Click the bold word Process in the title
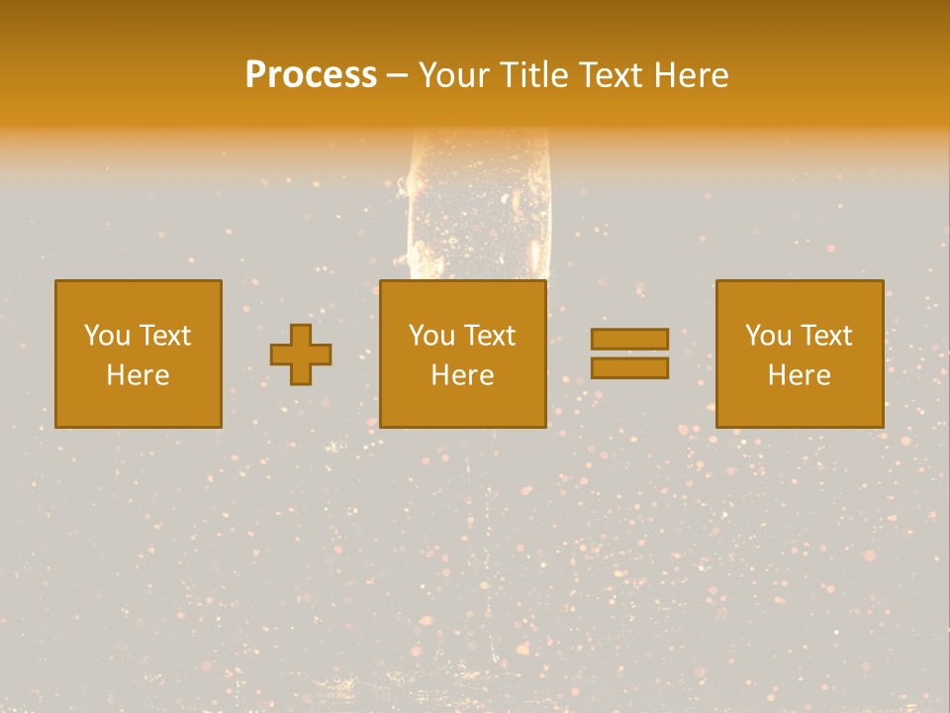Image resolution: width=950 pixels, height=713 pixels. tap(311, 74)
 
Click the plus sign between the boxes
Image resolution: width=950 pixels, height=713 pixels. tap(301, 355)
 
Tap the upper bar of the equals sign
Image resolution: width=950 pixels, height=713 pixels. tap(629, 339)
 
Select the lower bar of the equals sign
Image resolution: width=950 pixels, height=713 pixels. tap(629, 368)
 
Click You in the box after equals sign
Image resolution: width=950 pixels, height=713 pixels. tap(768, 336)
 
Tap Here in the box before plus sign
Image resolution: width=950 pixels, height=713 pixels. tap(138, 375)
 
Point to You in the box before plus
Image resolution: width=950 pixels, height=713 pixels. tap(107, 336)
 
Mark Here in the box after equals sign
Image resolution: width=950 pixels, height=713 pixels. tap(799, 375)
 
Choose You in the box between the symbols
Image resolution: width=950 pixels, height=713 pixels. tap(431, 336)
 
